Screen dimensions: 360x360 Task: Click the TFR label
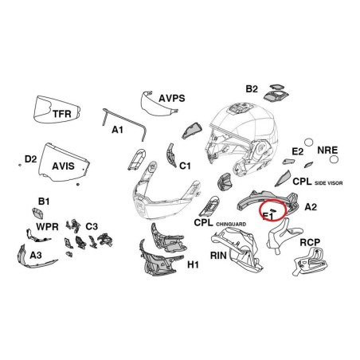click(x=62, y=114)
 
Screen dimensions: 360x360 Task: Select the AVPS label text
click(x=172, y=98)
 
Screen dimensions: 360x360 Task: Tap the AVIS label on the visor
click(x=63, y=166)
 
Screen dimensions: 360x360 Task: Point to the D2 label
click(x=30, y=159)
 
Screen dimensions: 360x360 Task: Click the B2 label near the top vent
click(x=252, y=88)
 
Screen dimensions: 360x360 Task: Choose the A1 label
click(x=118, y=130)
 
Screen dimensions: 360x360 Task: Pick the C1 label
click(x=185, y=166)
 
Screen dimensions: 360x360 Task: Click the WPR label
click(x=47, y=227)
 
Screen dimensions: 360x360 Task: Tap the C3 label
click(x=92, y=226)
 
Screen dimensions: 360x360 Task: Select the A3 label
click(x=36, y=255)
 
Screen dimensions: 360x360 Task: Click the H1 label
click(x=193, y=264)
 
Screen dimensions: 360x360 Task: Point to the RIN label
click(x=218, y=256)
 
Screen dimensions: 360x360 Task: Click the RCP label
click(x=310, y=242)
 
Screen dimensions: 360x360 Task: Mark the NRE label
click(x=327, y=151)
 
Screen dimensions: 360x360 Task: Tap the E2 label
click(x=298, y=151)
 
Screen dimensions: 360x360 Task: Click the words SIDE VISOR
click(x=329, y=183)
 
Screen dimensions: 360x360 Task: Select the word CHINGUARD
click(x=231, y=225)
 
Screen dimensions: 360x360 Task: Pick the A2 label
click(x=311, y=207)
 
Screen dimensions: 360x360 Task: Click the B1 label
click(x=44, y=202)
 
